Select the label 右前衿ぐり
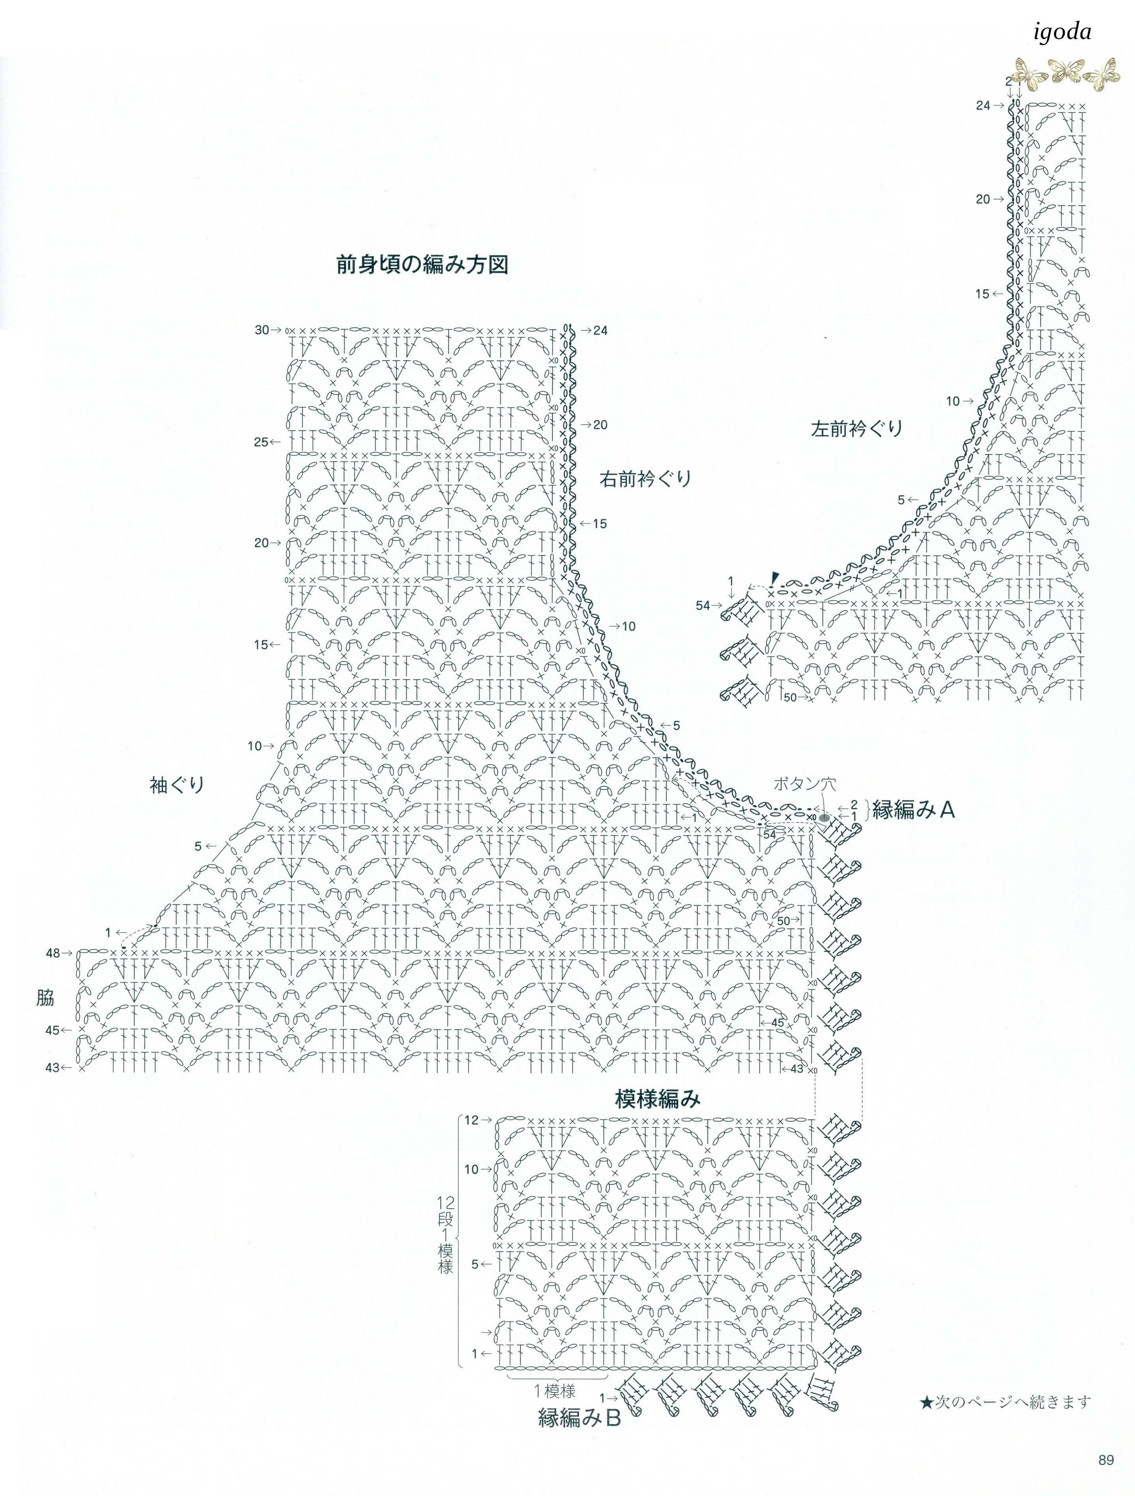[645, 479]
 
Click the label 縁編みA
[913, 809]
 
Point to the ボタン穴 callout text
[804, 784]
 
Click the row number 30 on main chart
[262, 330]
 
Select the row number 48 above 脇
[53, 953]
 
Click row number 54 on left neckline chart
[704, 605]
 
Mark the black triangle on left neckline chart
[775, 576]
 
